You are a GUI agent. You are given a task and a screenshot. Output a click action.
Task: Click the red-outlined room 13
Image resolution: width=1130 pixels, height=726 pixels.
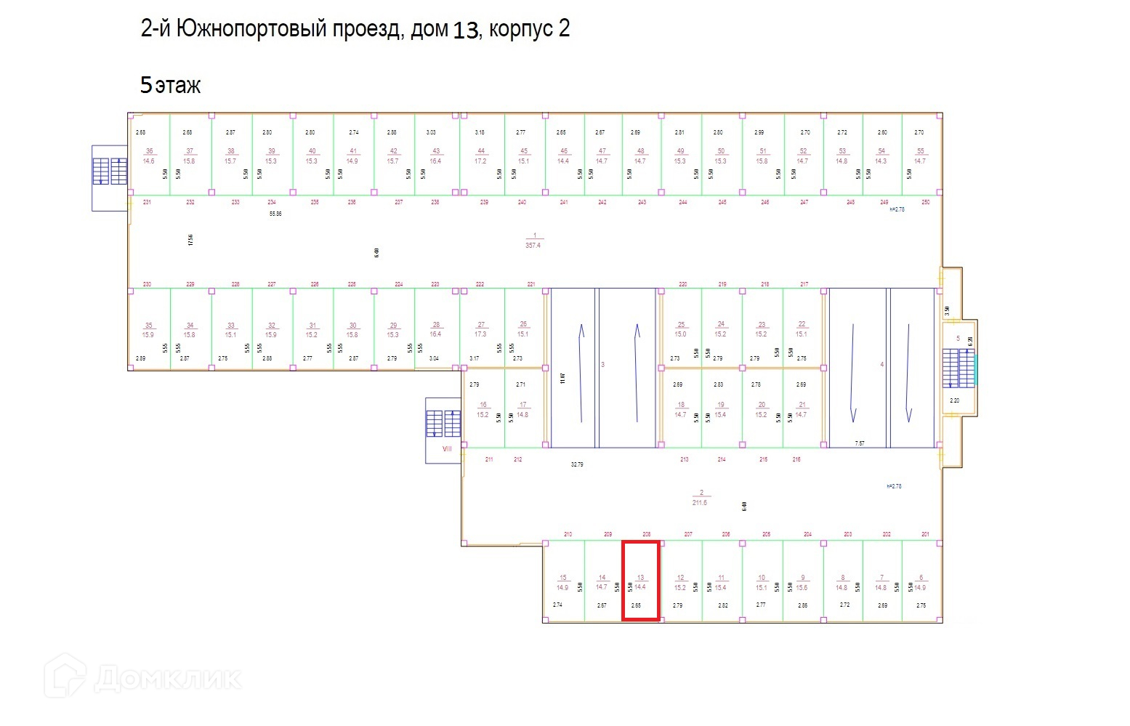click(x=640, y=581)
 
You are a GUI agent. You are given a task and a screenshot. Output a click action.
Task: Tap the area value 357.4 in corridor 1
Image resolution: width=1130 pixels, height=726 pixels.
click(x=533, y=246)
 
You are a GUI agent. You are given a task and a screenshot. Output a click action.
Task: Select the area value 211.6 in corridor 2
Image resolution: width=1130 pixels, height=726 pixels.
click(x=700, y=502)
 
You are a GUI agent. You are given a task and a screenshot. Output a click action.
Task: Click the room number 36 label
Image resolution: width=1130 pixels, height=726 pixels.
click(x=149, y=151)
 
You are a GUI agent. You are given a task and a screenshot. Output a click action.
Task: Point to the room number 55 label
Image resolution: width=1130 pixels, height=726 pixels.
click(x=920, y=151)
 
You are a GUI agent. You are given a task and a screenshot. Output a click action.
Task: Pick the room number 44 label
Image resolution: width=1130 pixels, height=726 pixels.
click(x=480, y=151)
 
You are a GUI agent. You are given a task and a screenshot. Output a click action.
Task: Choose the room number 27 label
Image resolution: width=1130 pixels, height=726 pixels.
click(x=481, y=325)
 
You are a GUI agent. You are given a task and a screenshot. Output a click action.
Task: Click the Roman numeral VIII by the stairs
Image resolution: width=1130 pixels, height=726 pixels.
click(x=447, y=448)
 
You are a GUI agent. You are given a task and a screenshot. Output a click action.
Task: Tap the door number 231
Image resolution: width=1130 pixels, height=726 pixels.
click(x=147, y=202)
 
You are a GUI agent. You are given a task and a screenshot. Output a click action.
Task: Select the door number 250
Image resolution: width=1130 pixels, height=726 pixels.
click(x=925, y=202)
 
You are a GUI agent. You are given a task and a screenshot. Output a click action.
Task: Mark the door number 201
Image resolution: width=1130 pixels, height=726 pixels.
click(x=925, y=534)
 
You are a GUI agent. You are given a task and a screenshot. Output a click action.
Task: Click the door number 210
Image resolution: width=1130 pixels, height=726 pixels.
click(x=568, y=534)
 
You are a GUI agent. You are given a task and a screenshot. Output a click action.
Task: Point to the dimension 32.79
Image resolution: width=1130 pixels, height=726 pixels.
click(x=577, y=464)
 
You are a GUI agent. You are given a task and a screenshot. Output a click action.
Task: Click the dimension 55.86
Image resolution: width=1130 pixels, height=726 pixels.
click(x=275, y=214)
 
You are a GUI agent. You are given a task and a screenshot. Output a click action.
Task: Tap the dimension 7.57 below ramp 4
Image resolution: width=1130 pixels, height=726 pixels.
click(x=860, y=443)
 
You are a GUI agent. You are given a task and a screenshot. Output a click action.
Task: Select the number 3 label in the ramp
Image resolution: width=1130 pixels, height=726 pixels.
click(x=602, y=365)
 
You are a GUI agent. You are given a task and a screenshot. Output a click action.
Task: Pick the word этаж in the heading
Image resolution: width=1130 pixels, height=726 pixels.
click(x=178, y=86)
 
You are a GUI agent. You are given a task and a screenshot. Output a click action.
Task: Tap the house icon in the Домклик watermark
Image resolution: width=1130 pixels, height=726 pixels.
click(x=65, y=676)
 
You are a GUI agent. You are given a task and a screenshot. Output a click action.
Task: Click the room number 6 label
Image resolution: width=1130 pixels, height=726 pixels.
click(x=921, y=578)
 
